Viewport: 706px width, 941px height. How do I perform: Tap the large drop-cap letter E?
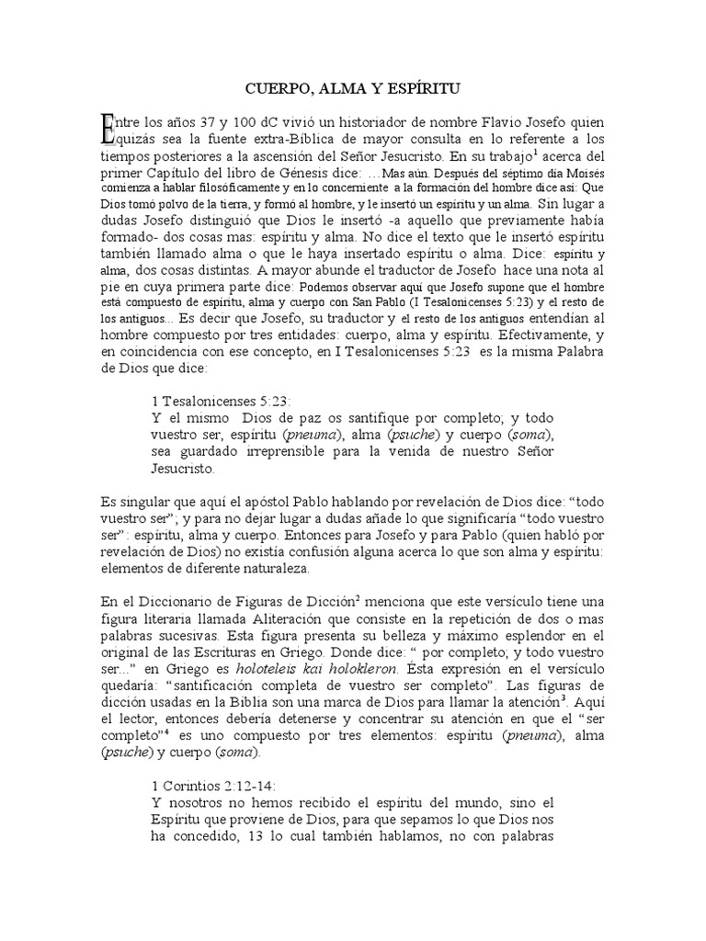[109, 128]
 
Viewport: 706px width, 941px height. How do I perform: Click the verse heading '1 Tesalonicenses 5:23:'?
[220, 401]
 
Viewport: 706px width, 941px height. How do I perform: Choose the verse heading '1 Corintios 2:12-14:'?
[211, 786]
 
